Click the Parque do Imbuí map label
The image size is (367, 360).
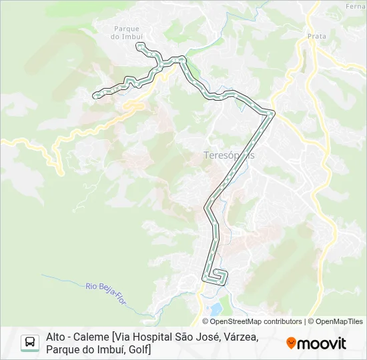[126, 33]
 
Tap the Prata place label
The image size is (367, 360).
[316, 37]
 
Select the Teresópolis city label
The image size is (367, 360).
[229, 155]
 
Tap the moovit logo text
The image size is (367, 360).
[323, 343]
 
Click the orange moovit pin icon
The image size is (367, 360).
[291, 343]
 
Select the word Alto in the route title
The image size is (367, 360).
[57, 337]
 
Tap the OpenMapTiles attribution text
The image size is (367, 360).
[339, 321]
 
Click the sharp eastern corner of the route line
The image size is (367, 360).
[272, 113]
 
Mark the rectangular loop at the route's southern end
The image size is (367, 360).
[218, 276]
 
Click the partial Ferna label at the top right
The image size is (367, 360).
[355, 6]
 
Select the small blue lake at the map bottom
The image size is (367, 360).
[215, 309]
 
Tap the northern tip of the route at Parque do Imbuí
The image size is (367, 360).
[139, 45]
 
